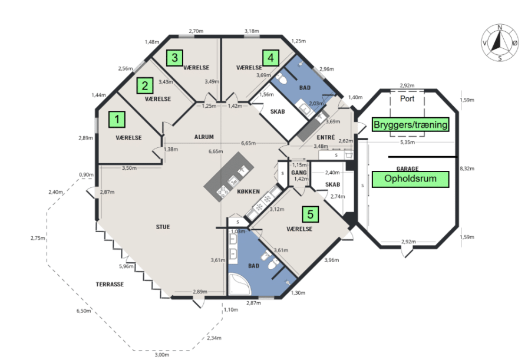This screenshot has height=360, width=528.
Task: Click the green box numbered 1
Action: [x=117, y=119]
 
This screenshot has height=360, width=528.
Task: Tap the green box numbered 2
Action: [x=145, y=85]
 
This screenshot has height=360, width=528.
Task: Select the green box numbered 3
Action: [x=175, y=58]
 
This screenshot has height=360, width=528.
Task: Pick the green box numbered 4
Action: [x=270, y=58]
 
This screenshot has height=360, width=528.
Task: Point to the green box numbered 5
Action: [x=311, y=214]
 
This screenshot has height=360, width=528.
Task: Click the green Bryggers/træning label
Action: [x=411, y=124]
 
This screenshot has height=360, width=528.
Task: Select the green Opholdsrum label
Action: [x=411, y=179]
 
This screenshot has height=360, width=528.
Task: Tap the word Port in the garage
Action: [x=407, y=98]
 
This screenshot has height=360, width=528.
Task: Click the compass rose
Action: [x=500, y=43]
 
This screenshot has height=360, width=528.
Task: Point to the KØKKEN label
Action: [x=249, y=191]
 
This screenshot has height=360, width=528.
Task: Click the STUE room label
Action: [x=163, y=227]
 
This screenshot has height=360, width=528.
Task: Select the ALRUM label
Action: [x=204, y=137]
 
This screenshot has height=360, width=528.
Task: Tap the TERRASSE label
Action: [x=110, y=284]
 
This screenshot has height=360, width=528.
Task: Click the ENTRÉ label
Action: [x=326, y=137]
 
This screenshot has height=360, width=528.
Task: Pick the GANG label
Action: [x=299, y=173]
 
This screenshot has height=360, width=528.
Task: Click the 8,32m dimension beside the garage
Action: [x=467, y=169]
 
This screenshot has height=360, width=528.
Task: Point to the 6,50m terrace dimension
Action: [x=84, y=311]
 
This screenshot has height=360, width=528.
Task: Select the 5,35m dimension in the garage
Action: [x=407, y=142]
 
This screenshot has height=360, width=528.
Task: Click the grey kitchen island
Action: [x=229, y=177]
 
